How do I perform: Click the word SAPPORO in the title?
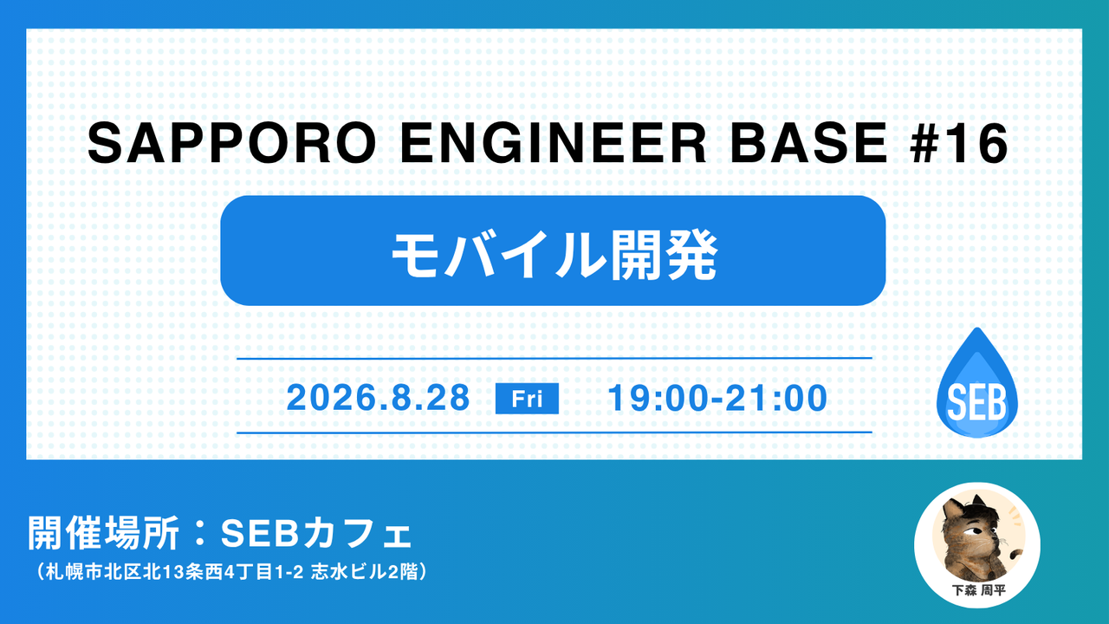pos(231,143)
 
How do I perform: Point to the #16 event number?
pos(958,143)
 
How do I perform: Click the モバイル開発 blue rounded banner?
pos(553,250)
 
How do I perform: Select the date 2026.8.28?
pos(378,398)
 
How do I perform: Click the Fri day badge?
pos(527,398)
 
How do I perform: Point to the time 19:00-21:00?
pos(717,398)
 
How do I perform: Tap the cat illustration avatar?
pos(976,537)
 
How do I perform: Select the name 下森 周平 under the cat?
pos(978,590)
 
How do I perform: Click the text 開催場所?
pos(103,533)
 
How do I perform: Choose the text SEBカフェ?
pos(315,534)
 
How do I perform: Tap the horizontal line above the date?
pos(554,358)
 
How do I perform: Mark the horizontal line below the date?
pos(554,432)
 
